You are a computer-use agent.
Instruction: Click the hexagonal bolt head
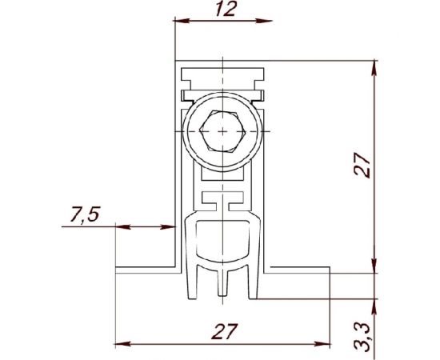[x=222, y=131]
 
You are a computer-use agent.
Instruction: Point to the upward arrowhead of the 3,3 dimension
[x=374, y=303]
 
